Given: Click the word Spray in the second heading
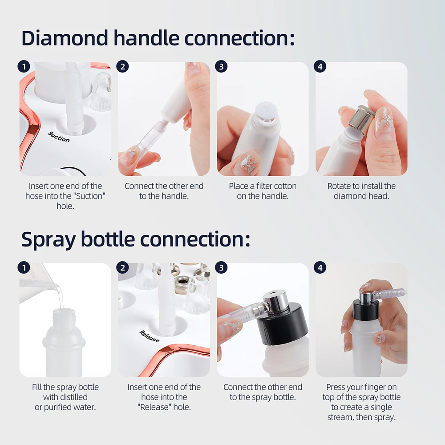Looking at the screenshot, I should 48,239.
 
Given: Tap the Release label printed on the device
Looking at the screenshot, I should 150,336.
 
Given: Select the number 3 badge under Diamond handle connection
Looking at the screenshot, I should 221,67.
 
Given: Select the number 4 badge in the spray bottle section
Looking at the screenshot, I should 320,267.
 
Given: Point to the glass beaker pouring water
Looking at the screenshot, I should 38,278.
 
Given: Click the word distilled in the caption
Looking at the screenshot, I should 71,396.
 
